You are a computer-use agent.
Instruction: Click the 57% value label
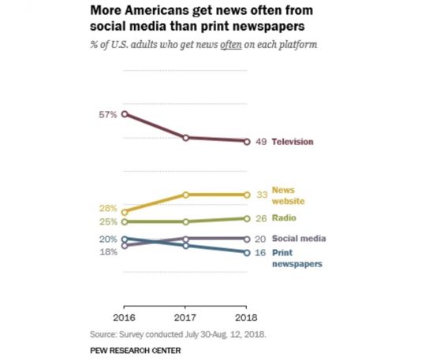(x=108, y=114)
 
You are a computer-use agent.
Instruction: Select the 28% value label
(x=108, y=209)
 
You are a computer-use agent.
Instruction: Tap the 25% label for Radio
(x=108, y=222)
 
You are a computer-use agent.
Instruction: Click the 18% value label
(x=108, y=251)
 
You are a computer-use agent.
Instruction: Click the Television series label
(x=293, y=142)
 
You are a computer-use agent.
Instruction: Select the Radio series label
(x=284, y=218)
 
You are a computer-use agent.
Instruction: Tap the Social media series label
(x=299, y=238)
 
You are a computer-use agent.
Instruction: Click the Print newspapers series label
(x=297, y=258)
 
